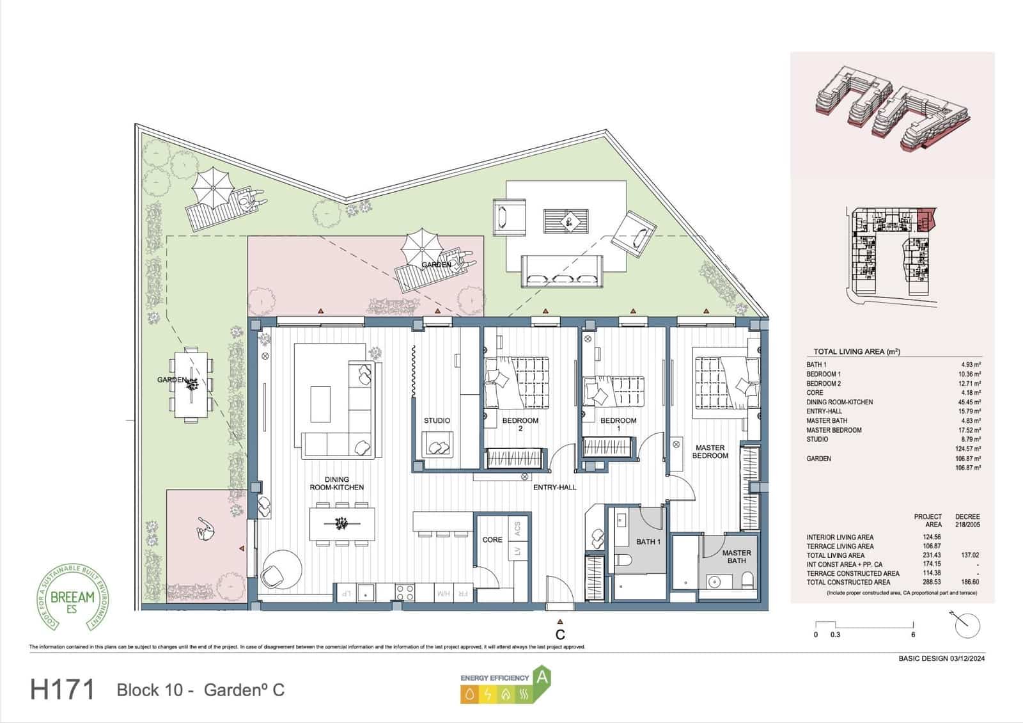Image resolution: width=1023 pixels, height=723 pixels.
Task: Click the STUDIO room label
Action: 437,420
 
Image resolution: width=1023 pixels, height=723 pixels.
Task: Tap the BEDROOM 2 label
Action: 520,424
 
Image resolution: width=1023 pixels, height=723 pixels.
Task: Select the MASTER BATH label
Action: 736,557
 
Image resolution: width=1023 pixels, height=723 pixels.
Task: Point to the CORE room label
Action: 492,540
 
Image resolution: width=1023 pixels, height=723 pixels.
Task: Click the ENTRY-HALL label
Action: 554,488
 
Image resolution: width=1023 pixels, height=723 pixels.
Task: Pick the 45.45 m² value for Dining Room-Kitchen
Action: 971,402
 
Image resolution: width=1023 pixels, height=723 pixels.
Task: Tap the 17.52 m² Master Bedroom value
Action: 971,430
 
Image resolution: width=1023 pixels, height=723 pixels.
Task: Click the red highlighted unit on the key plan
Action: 925,219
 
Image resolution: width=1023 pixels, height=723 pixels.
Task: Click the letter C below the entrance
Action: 560,635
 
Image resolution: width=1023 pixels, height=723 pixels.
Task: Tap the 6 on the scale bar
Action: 913,635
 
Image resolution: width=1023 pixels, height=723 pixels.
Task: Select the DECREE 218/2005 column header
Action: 967,520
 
